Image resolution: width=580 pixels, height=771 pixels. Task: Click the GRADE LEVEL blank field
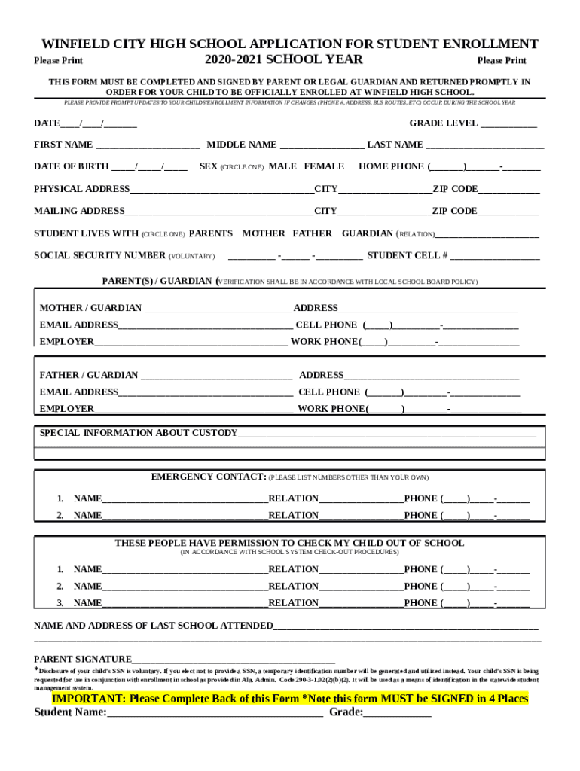508,124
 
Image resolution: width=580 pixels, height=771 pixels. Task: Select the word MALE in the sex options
282,166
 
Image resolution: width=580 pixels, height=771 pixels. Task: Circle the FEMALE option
324,166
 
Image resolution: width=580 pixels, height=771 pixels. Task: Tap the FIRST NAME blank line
148,145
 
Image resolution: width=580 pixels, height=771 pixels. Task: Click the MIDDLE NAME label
242,145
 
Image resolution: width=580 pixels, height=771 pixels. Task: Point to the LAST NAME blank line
484,145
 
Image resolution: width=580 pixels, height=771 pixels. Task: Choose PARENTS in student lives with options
210,234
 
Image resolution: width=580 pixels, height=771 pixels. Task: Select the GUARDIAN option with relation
368,234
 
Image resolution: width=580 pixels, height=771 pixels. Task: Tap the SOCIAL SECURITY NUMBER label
99,256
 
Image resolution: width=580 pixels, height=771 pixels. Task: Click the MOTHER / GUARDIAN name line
216,309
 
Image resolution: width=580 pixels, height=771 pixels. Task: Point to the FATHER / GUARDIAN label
89,375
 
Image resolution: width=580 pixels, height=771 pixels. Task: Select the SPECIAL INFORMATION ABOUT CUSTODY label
138,433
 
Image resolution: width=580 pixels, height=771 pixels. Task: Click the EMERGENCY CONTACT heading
209,477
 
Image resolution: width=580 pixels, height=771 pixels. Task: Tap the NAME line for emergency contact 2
185,517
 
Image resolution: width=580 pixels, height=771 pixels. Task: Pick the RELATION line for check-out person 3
361,604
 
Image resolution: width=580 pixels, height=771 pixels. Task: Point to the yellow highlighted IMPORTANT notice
290,699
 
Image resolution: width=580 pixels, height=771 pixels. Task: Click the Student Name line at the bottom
215,714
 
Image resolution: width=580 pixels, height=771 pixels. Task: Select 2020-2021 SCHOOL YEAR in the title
283,60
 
